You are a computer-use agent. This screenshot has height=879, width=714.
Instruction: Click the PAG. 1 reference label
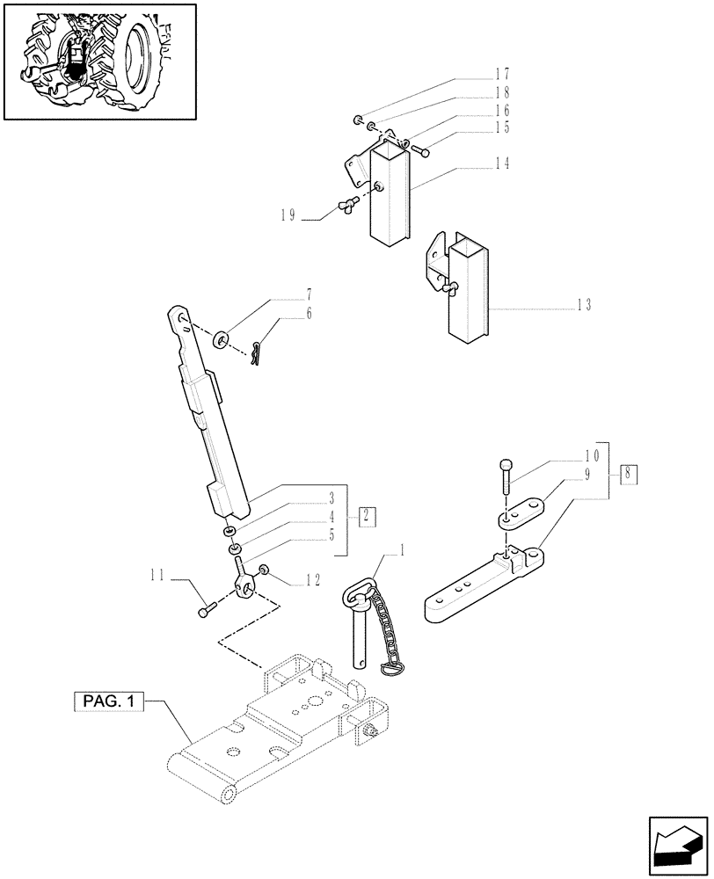coord(105,702)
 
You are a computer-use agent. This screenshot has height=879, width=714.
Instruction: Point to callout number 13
coord(584,306)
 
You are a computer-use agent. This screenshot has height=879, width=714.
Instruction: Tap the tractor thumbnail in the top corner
coord(99,62)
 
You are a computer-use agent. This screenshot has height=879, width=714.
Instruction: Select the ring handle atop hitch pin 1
coord(359,595)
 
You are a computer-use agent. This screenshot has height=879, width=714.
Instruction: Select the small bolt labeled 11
coord(206,608)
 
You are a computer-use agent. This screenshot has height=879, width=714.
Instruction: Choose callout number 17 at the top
coord(527,75)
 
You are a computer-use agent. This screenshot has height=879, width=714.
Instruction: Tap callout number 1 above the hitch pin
coord(403,551)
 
